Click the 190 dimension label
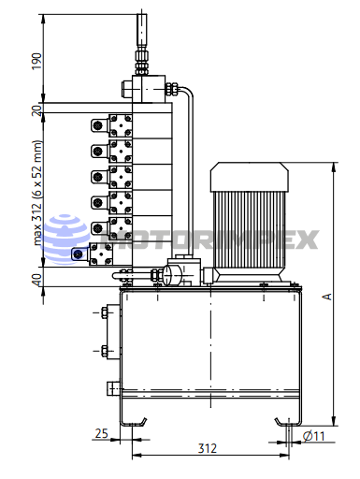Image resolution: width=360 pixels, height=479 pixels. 36,61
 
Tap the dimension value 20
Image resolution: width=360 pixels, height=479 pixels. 36,110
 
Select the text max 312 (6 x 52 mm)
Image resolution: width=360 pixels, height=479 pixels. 36,193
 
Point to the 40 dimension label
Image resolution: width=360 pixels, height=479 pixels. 36,280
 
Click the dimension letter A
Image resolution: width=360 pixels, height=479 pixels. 326,297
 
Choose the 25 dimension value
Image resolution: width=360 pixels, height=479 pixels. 101,433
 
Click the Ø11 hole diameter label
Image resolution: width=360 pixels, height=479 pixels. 314,436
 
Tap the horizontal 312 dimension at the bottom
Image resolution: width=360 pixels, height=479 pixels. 208,448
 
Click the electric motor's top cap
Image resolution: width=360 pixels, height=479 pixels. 250,177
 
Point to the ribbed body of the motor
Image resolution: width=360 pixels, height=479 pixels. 250,229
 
